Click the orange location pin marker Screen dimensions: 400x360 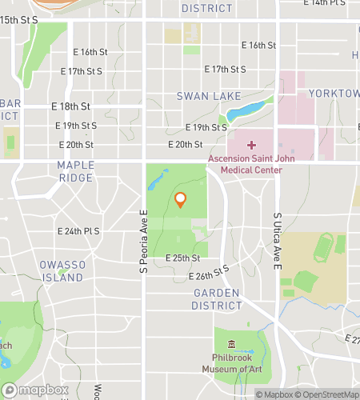click(x=181, y=199)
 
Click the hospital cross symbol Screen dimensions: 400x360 click(x=252, y=145)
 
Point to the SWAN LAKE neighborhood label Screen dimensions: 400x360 click(x=208, y=96)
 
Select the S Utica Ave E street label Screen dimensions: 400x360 click(x=278, y=240)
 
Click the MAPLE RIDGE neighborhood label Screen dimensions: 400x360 click(x=76, y=171)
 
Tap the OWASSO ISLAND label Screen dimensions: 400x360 click(x=62, y=271)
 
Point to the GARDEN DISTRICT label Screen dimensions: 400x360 click(x=217, y=298)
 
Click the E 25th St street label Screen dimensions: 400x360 click(x=182, y=258)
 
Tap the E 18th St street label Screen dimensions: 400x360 click(x=70, y=106)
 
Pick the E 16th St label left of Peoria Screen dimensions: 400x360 click(x=88, y=52)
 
